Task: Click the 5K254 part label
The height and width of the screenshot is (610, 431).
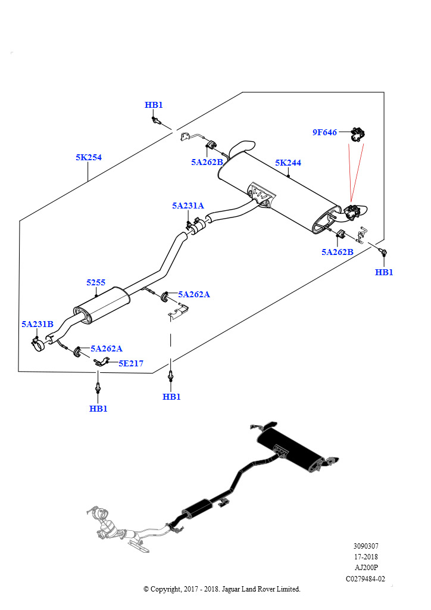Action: [89, 157]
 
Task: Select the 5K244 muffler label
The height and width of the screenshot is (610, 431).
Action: [288, 163]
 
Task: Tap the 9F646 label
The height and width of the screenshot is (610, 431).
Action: [324, 132]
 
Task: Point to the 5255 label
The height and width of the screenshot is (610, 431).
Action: [96, 282]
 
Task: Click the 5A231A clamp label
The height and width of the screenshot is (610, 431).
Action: [188, 206]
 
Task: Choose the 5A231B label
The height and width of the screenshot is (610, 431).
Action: [38, 324]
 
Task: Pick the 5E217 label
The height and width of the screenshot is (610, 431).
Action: [131, 363]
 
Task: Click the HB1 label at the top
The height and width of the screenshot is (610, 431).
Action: [154, 105]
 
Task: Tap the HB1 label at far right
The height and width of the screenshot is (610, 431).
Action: [384, 272]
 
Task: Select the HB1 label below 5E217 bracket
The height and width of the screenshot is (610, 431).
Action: [98, 409]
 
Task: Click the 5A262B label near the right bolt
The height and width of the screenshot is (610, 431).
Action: [338, 252]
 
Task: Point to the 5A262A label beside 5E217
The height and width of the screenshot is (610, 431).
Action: [107, 348]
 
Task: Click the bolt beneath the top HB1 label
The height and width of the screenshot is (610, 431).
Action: [156, 120]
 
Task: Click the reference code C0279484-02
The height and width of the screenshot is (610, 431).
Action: [366, 579]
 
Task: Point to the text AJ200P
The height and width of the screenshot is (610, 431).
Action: [366, 568]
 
